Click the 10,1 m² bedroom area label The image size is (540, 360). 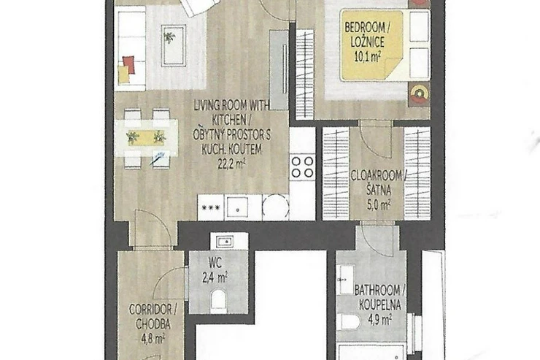[x=368, y=57]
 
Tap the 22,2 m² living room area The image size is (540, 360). [x=232, y=164]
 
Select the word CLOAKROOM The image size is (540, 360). [x=377, y=176]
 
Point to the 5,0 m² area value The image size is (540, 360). [x=379, y=205]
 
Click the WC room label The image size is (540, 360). [x=215, y=263]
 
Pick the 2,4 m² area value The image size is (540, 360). [x=215, y=277]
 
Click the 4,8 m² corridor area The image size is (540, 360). [x=153, y=338]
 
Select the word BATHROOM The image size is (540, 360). [x=377, y=291]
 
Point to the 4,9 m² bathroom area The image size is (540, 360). [x=380, y=320]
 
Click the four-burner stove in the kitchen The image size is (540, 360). [x=302, y=166]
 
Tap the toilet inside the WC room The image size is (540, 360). [x=218, y=299]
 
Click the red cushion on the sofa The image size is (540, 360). [x=128, y=65]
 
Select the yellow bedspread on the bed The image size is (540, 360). [x=371, y=45]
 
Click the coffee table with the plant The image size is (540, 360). [x=174, y=45]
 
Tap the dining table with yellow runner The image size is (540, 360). [x=147, y=138]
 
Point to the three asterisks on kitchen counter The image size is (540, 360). [x=211, y=207]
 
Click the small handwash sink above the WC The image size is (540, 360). [x=225, y=242]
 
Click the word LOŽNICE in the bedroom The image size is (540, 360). [x=368, y=42]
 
